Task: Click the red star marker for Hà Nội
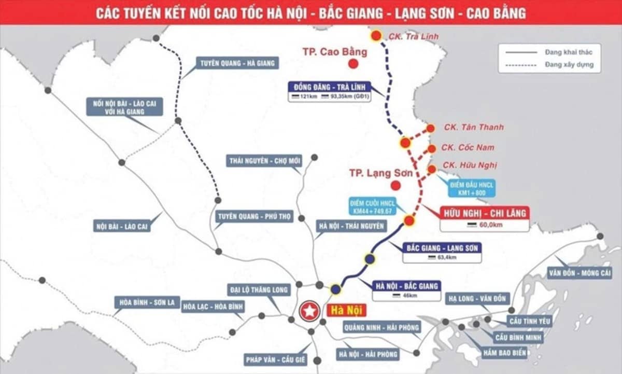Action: point(309,312)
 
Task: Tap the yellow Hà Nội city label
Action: point(345,311)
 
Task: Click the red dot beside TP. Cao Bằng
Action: point(354,64)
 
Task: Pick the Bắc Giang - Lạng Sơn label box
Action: point(442,247)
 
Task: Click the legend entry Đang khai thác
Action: point(569,52)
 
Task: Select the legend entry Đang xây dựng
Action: point(569,65)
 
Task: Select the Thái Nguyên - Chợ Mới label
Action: point(265,161)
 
